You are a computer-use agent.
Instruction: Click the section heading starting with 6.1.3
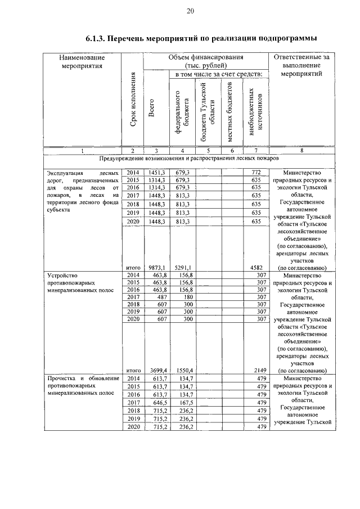[201, 38]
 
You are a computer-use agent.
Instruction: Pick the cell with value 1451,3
[156, 172]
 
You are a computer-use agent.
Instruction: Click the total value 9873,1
[156, 268]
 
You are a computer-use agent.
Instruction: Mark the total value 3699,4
[156, 370]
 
